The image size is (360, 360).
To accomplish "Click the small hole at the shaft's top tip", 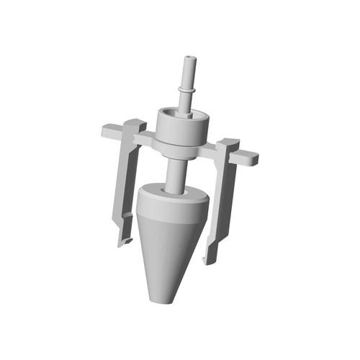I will [189, 55].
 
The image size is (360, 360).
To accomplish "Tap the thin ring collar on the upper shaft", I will [189, 89].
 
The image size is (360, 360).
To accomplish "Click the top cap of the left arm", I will [132, 122].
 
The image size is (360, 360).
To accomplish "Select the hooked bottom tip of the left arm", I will [125, 240].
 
